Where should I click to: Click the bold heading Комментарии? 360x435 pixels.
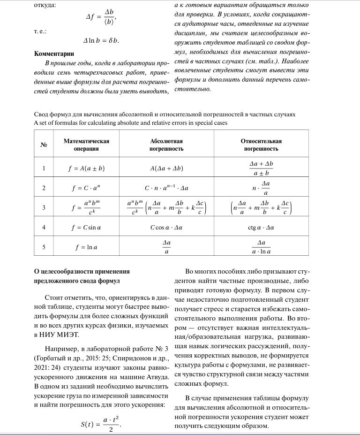coord(54,53)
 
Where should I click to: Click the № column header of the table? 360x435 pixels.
coord(44,145)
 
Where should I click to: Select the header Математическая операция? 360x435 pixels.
coord(86,145)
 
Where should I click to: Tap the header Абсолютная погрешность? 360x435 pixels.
coord(166,145)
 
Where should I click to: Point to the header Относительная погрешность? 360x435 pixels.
coord(261,145)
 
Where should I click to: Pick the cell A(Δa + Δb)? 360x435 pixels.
coord(166,168)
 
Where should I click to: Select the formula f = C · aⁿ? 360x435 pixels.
coord(86,188)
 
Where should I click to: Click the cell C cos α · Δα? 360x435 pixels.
coord(166,228)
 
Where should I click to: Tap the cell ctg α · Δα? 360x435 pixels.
coord(261,228)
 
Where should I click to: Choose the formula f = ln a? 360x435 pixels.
coord(86,247)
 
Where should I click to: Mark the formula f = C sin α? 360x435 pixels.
coord(86,228)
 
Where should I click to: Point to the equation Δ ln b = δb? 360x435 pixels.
coord(101,41)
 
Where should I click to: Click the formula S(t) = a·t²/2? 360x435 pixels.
coord(101,425)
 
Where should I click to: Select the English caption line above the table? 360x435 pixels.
coord(131,123)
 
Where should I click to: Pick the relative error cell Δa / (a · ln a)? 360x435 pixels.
coord(261,247)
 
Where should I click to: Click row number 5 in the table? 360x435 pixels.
coord(44,247)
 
